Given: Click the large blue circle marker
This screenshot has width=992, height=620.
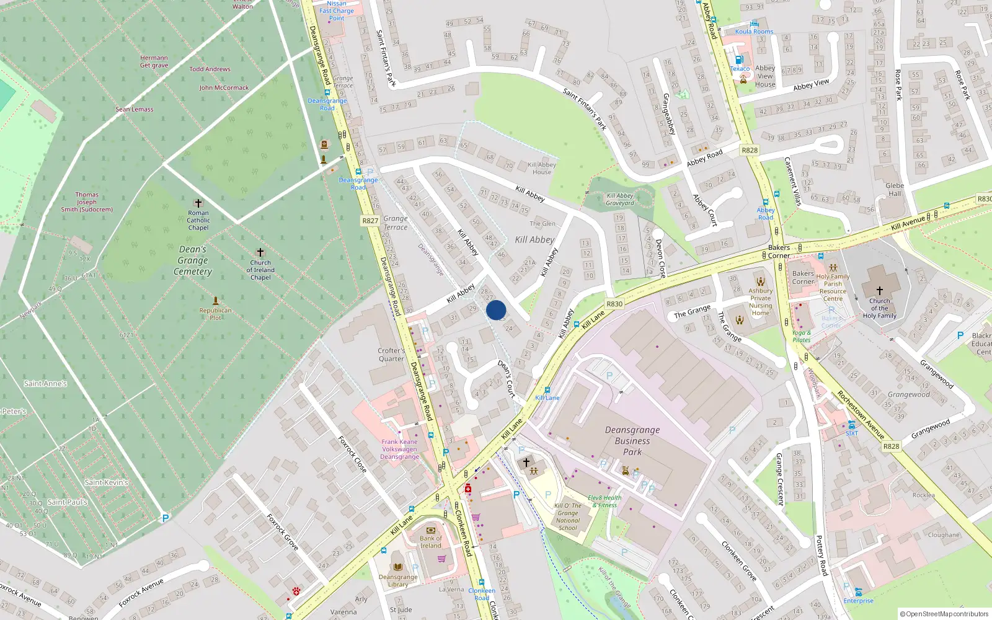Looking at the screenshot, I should click(x=496, y=310).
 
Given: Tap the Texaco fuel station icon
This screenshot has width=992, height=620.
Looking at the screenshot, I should click(x=738, y=60).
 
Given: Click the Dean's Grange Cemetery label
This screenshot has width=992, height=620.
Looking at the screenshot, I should click(x=193, y=260).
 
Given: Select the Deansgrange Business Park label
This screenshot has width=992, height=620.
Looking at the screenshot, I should click(x=632, y=441).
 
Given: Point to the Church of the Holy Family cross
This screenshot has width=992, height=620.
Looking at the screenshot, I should click(x=879, y=290).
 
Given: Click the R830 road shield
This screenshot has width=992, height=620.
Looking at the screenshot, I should click(x=614, y=304).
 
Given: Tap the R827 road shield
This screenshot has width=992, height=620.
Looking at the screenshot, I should click(x=370, y=221).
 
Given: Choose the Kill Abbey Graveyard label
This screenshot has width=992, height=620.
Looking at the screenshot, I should click(x=620, y=199).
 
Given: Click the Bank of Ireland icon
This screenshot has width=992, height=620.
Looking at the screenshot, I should click(x=431, y=530).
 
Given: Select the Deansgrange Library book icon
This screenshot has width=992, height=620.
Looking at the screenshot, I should click(x=397, y=567).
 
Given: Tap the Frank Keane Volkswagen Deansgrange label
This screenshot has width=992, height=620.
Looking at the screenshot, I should click(x=400, y=449).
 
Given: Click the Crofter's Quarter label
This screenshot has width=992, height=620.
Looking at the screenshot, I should click(x=391, y=355).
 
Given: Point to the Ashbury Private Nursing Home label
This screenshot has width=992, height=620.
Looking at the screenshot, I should click(x=761, y=301).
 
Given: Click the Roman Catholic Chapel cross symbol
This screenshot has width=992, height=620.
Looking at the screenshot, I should click(x=198, y=203).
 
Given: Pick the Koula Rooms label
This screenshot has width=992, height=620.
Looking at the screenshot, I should click(x=754, y=32).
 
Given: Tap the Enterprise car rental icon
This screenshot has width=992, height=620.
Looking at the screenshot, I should click(x=858, y=592).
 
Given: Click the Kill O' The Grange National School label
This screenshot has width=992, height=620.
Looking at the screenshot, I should click(x=568, y=516).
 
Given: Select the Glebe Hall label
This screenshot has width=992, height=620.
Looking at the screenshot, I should click(x=895, y=189).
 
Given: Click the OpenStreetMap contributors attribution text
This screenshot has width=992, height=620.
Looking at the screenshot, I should click(x=944, y=614).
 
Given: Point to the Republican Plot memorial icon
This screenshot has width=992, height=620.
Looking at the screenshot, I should click(x=216, y=301).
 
